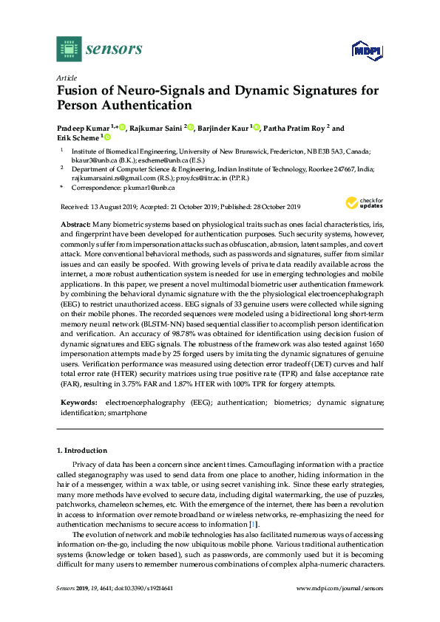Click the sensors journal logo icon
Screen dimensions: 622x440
pos(68,49)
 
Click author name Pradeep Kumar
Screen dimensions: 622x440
pos(83,127)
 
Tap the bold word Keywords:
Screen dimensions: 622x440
pos(78,403)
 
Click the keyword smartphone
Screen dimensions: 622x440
pos(123,413)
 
